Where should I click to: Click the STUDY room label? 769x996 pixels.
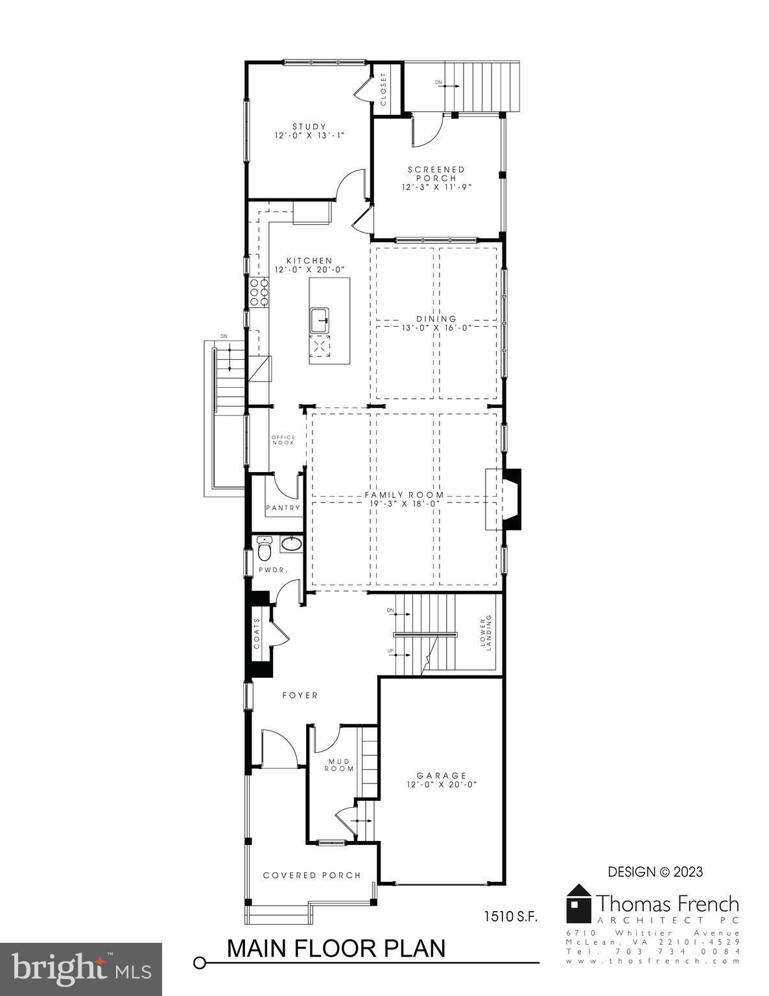pos(309,126)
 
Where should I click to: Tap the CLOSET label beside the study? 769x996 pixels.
pos(383,89)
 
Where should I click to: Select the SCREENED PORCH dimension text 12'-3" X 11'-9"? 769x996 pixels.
pos(436,187)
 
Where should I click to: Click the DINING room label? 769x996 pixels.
pos(436,318)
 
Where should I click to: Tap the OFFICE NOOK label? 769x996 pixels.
pos(283,440)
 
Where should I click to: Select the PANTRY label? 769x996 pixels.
pos(283,508)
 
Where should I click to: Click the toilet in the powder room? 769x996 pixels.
pos(265,549)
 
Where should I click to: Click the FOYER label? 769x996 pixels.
pos(300,695)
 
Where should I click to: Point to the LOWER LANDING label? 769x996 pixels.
pos(486,633)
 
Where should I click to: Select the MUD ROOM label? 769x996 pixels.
pos(340,765)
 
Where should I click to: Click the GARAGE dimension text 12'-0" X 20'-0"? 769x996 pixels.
pos(441,784)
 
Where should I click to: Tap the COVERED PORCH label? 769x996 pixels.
pos(312,875)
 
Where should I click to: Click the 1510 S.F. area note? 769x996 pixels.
pos(510,916)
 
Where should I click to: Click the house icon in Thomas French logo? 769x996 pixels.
pos(578,903)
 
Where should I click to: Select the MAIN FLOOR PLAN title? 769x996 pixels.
pos(336,948)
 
